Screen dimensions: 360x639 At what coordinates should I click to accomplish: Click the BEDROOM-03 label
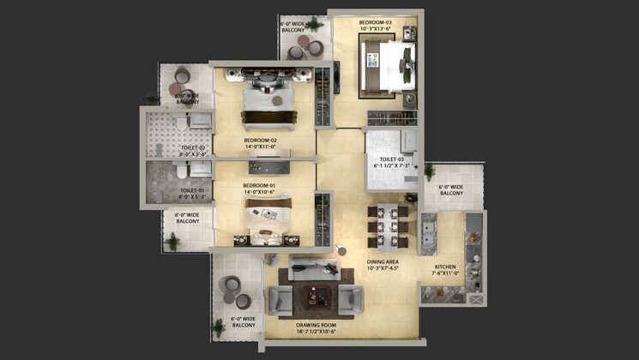click(x=376, y=21)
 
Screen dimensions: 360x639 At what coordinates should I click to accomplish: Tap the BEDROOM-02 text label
click(x=260, y=140)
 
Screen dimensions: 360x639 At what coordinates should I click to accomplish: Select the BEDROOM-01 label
click(x=259, y=186)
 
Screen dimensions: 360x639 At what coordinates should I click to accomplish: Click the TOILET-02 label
click(x=193, y=148)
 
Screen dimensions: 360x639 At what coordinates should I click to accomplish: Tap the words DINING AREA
click(x=383, y=262)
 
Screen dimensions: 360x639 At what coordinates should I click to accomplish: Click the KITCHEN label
click(x=445, y=267)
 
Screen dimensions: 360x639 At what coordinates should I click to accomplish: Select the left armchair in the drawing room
click(x=280, y=299)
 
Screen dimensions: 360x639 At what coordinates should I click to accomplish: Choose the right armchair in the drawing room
click(x=349, y=298)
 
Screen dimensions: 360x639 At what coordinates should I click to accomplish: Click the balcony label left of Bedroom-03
click(x=295, y=27)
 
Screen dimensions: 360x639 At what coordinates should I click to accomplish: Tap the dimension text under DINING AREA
click(x=383, y=270)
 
